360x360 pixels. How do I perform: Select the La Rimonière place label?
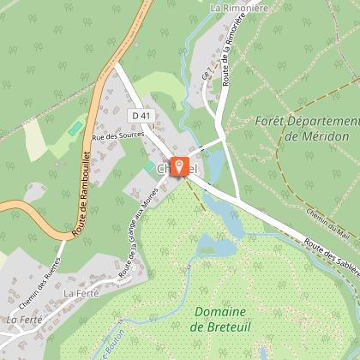(x=238, y=8)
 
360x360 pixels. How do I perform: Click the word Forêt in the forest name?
(x=273, y=121)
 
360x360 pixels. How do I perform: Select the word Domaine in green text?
(x=219, y=311)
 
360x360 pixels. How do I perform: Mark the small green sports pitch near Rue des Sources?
(x=76, y=128)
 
